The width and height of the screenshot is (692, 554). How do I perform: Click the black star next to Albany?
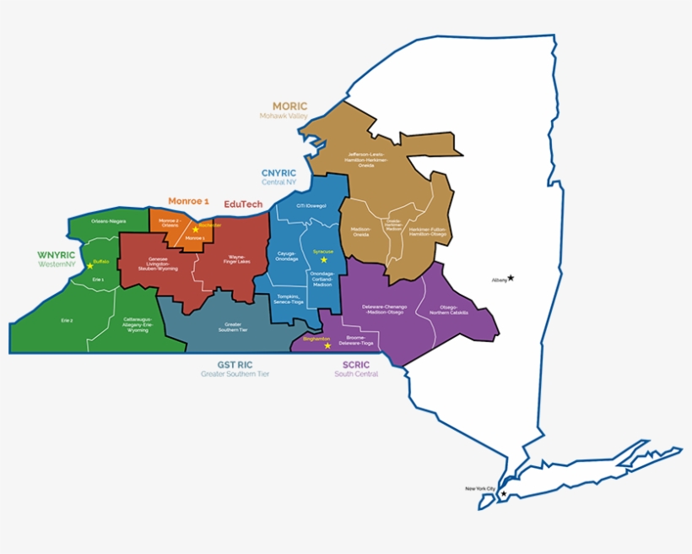[511, 278]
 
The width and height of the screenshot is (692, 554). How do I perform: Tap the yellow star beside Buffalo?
[89, 266]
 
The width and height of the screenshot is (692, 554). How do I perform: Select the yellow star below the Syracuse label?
[323, 260]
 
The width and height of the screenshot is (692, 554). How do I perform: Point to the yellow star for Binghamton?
[327, 345]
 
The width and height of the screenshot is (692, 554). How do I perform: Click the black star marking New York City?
[504, 494]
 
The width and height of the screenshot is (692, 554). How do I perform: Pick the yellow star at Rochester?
[195, 229]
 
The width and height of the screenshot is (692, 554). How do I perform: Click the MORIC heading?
[289, 106]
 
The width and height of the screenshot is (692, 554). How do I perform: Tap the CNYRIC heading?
[278, 172]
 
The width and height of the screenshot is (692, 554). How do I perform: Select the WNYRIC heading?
[57, 254]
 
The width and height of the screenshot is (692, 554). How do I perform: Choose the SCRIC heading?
[356, 365]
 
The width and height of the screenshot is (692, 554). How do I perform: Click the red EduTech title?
[243, 204]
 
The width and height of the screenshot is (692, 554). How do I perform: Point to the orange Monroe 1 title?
[188, 201]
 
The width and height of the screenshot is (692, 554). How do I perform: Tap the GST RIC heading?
[235, 365]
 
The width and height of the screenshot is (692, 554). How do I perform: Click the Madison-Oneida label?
[360, 231]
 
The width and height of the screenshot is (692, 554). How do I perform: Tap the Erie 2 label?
[67, 320]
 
